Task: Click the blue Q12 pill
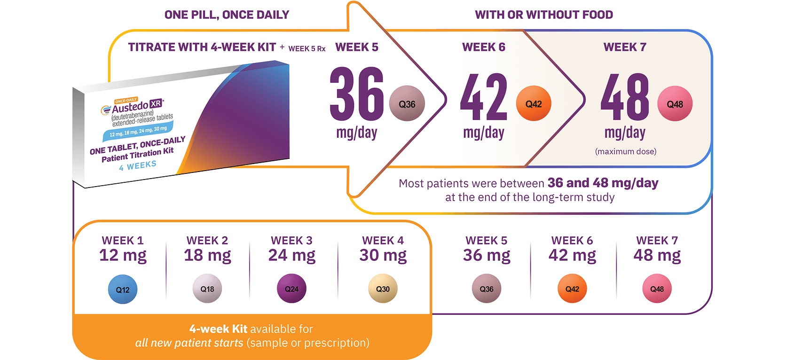pyautogui.click(x=123, y=290)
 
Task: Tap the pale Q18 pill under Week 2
pyautogui.click(x=207, y=289)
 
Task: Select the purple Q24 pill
pyautogui.click(x=291, y=289)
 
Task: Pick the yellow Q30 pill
pyautogui.click(x=383, y=289)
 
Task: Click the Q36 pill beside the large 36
pyautogui.click(x=407, y=104)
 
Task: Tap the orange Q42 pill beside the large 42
pyautogui.click(x=534, y=104)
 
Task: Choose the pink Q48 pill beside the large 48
pyautogui.click(x=675, y=104)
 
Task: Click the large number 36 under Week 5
pyautogui.click(x=357, y=94)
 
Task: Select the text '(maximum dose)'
pyautogui.click(x=626, y=151)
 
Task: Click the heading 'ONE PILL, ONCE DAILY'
pyautogui.click(x=227, y=15)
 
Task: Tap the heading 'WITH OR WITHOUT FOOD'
pyautogui.click(x=544, y=15)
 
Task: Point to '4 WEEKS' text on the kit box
pyautogui.click(x=138, y=165)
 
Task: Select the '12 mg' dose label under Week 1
pyautogui.click(x=123, y=255)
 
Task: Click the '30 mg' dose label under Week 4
pyautogui.click(x=383, y=255)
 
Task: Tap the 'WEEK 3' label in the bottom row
pyautogui.click(x=291, y=241)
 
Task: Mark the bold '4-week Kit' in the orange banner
pyautogui.click(x=218, y=329)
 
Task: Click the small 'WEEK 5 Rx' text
pyautogui.click(x=307, y=48)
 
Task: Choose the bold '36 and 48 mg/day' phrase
pyautogui.click(x=603, y=183)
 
